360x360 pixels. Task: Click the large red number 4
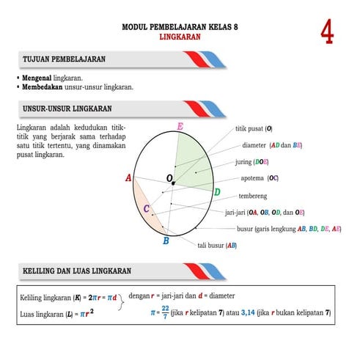(328, 32)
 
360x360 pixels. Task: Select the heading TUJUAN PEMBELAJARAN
(65, 58)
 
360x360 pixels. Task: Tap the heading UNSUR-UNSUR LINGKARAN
(67, 109)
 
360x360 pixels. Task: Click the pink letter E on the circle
(180, 128)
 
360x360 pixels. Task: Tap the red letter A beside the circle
(128, 178)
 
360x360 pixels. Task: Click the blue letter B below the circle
(166, 240)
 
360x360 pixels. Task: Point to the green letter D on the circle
(217, 192)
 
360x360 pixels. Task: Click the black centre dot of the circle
(173, 183)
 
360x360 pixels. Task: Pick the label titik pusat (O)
(253, 128)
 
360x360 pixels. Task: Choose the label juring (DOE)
(251, 161)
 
